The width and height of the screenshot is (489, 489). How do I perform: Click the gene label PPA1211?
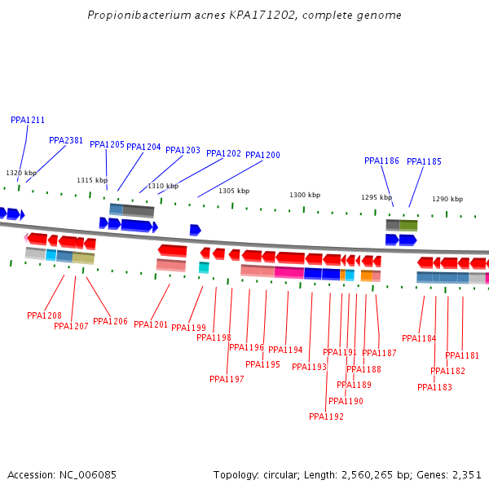coord(28,120)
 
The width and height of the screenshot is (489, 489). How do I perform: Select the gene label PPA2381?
coord(66,140)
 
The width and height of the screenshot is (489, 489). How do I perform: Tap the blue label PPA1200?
coord(262,155)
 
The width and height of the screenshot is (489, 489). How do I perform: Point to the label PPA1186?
coord(381,161)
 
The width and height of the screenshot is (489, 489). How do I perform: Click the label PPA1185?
coord(424,161)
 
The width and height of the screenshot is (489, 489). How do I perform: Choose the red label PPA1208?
coord(44,315)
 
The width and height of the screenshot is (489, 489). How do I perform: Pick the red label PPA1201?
coord(151,324)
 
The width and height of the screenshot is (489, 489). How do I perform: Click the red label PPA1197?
coord(227,379)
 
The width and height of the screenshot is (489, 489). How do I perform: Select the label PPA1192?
coord(326,416)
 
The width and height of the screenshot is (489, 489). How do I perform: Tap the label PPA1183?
coord(434,387)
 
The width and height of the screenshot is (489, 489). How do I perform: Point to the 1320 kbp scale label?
coord(21,173)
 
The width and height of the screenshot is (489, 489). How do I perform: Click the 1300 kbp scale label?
coord(305,195)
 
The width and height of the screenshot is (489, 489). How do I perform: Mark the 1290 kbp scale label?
coord(447,199)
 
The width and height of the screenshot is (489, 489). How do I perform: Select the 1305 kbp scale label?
coord(234,191)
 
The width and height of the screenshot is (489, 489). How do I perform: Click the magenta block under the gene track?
coord(289,272)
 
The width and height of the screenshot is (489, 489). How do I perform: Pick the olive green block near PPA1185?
coord(408,224)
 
